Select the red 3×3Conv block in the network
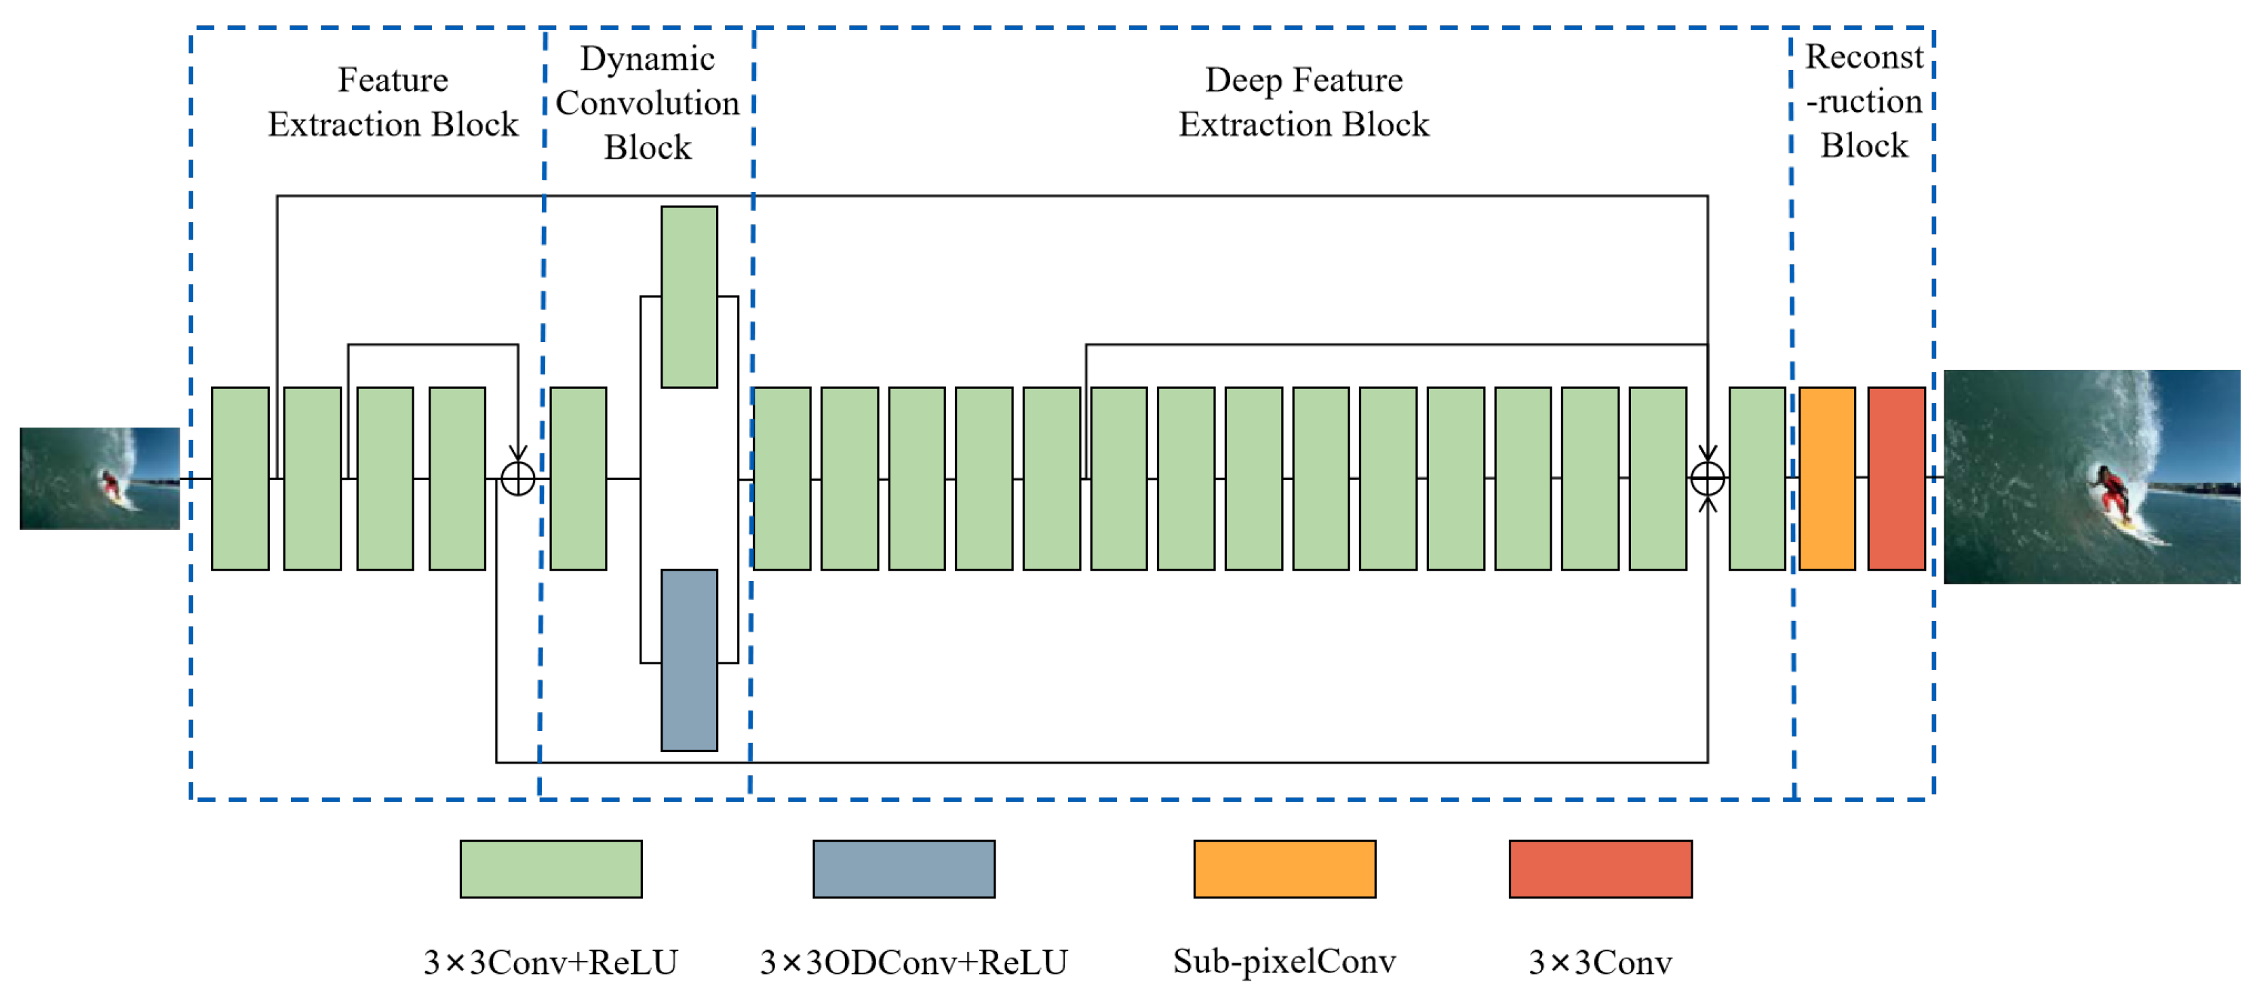1896,478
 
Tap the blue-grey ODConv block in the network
689,660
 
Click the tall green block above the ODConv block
689,297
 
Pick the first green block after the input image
239,478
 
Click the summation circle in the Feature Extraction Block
518,478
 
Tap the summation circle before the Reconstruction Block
1707,478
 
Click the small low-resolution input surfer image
99,478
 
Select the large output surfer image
2091,477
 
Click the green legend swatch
550,869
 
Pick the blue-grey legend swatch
903,869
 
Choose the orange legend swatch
1284,869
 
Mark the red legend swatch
1600,869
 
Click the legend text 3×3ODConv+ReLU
913,962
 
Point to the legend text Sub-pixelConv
1284,962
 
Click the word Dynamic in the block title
647,59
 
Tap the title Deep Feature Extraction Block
1303,102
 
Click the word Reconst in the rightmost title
1864,57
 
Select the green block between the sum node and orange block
1756,478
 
